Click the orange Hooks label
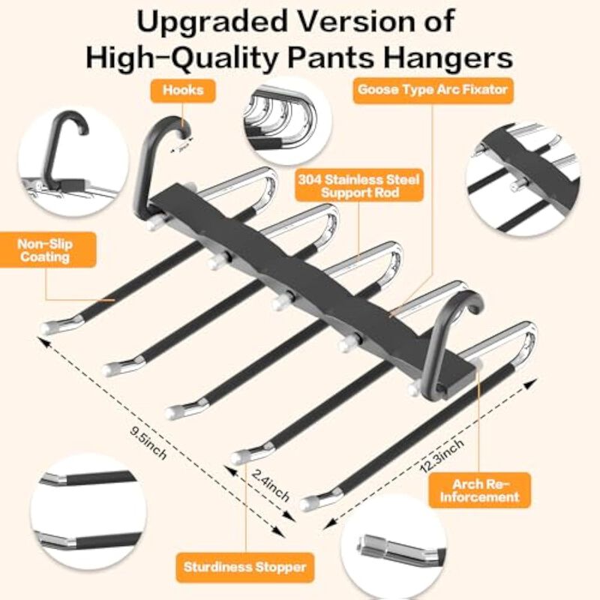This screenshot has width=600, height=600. (x=183, y=91)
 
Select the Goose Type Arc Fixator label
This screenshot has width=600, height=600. (x=433, y=90)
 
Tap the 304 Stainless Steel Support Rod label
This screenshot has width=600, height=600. (x=359, y=185)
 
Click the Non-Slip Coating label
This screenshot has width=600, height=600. (x=46, y=250)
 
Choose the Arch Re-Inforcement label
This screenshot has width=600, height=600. (x=479, y=490)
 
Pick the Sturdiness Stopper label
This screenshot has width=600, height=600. (x=245, y=567)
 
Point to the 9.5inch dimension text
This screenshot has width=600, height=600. (x=148, y=442)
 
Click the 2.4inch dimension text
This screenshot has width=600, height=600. (x=271, y=484)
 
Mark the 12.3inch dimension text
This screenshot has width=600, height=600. (x=442, y=455)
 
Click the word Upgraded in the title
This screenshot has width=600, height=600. (x=212, y=22)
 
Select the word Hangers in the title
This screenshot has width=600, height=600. (x=448, y=58)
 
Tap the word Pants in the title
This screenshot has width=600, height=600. (x=331, y=58)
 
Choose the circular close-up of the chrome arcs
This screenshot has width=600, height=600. (x=287, y=121)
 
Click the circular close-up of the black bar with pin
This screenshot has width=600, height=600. (x=523, y=178)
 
